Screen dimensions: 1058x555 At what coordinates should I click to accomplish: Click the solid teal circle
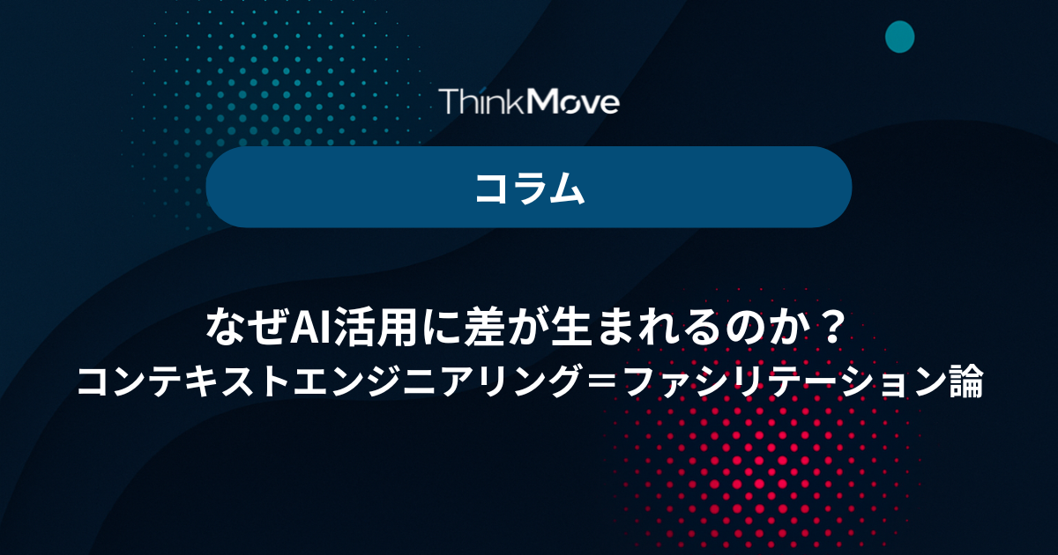pyautogui.click(x=900, y=37)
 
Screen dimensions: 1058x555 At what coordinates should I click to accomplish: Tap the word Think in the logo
pyautogui.click(x=482, y=100)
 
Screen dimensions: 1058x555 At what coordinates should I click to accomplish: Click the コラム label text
pyautogui.click(x=530, y=188)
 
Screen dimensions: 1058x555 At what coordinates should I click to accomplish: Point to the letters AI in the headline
pyautogui.click(x=309, y=328)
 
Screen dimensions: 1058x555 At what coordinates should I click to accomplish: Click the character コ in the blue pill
pyautogui.click(x=491, y=189)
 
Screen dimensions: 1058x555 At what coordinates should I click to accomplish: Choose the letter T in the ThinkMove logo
pyautogui.click(x=451, y=101)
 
